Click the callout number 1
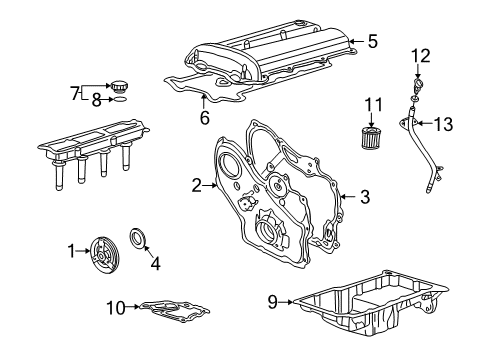pyautogui.click(x=70, y=252)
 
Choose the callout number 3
pyautogui.click(x=366, y=197)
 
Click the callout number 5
pyautogui.click(x=372, y=41)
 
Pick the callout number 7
pyautogui.click(x=73, y=92)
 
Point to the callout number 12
pyautogui.click(x=421, y=54)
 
